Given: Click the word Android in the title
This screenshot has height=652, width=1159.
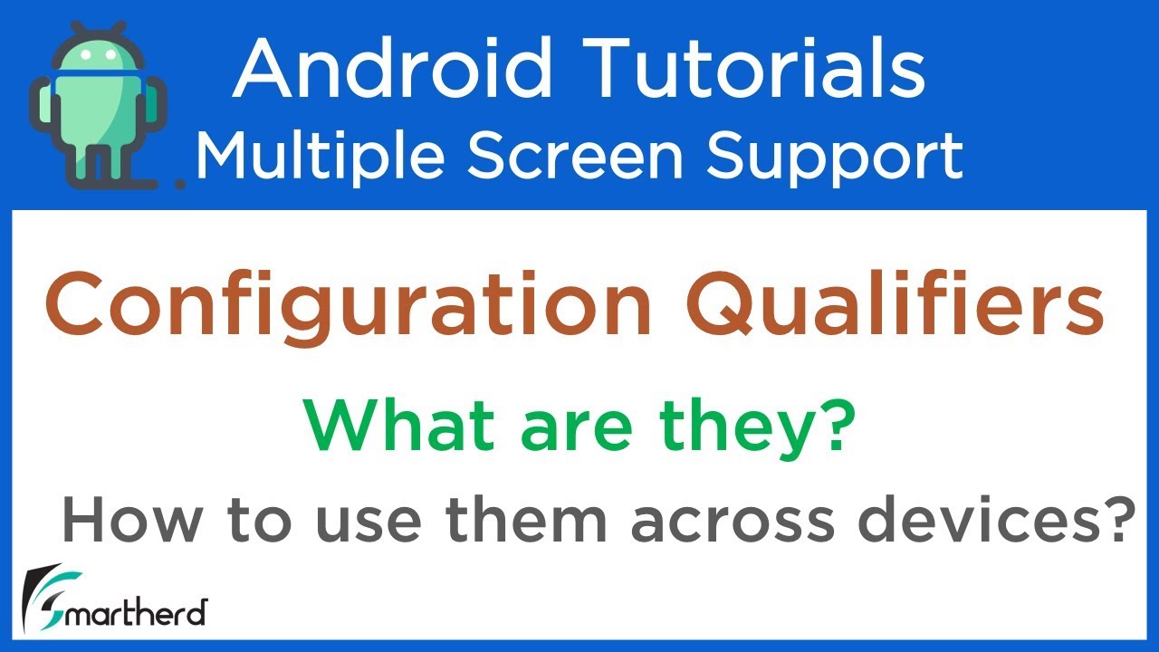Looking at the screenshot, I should (x=391, y=70).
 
